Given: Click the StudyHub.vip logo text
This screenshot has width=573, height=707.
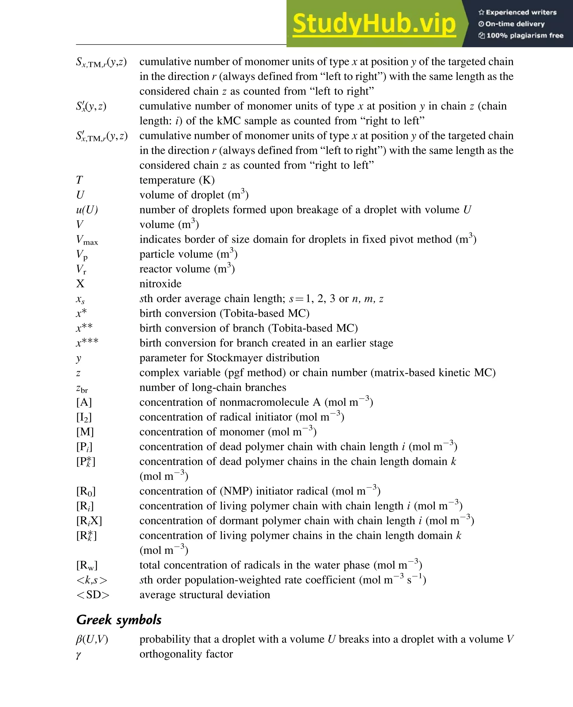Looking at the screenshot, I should pos(374,24).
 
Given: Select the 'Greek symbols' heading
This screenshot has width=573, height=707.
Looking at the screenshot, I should pos(119,619).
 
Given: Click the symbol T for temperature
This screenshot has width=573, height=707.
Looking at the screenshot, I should pos(79,180).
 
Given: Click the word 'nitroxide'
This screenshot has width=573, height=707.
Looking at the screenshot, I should pos(160,284).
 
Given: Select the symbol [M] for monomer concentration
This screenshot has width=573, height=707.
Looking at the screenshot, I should pos(85,432).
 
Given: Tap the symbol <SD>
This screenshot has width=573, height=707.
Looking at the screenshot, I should pos(93,595).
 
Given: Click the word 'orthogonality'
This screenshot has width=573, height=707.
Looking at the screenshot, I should pos(171,654).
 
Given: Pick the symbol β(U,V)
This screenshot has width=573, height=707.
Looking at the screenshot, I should pos(92,639).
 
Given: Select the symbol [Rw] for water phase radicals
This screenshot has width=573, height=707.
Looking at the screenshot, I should pos(87,565).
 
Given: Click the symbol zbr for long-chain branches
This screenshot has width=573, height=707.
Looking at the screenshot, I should pos(82,388).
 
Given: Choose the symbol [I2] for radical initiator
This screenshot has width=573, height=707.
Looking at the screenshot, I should pos(84,417).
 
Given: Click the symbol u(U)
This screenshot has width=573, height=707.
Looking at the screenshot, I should pos(87,210).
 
